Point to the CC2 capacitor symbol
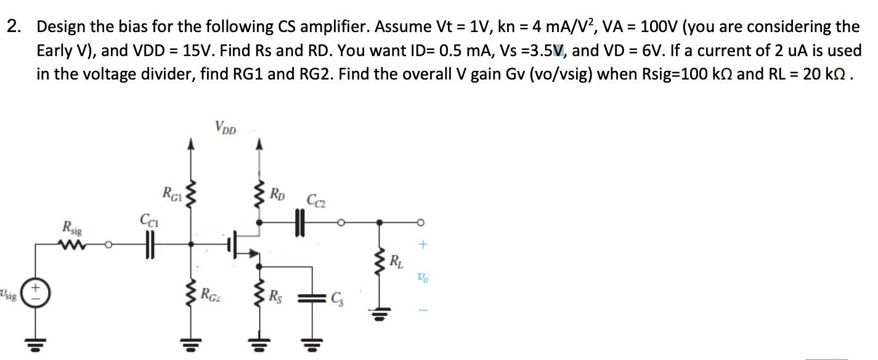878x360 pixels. tap(300, 222)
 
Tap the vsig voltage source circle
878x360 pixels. tap(36, 292)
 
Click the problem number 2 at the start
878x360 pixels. tap(12, 27)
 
